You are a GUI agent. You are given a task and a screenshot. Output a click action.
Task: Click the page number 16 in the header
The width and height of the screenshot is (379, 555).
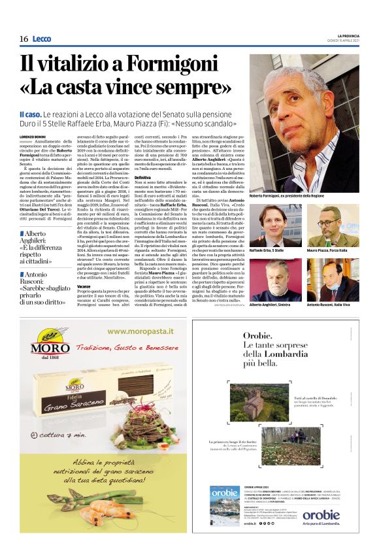[24, 39]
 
